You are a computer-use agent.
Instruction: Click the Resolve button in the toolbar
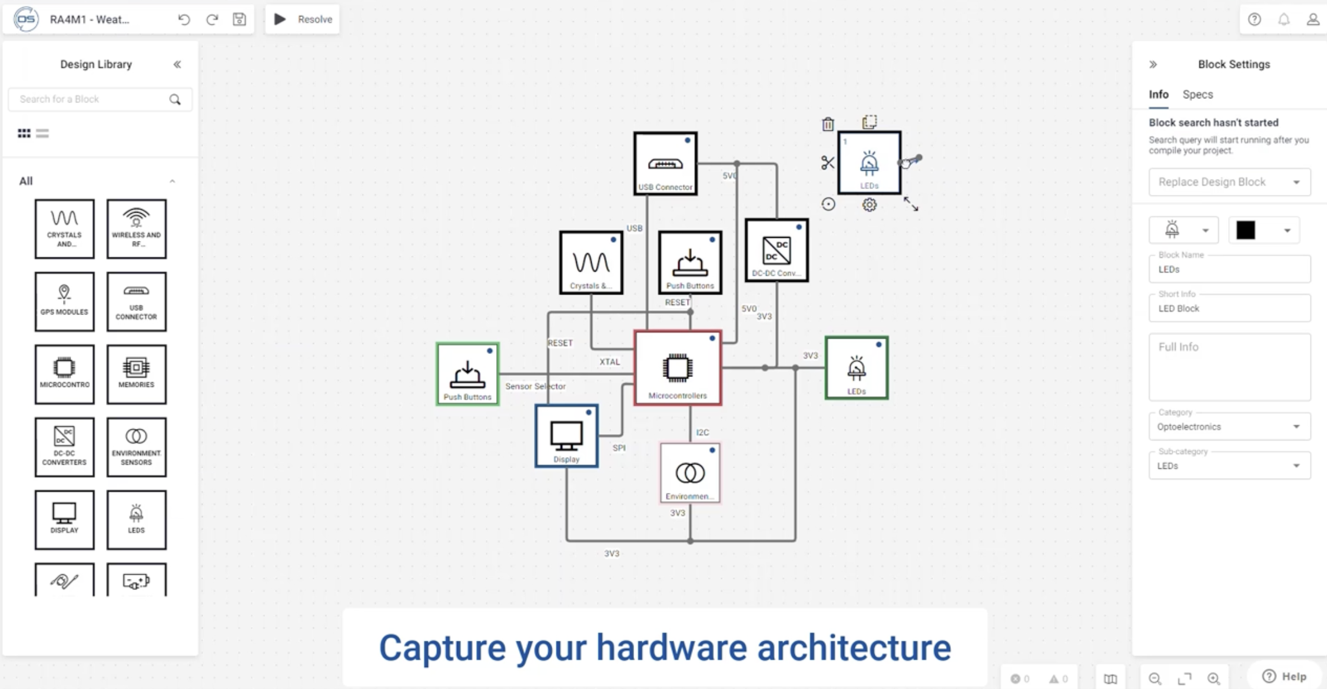point(303,19)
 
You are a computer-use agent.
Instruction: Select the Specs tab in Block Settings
point(1197,94)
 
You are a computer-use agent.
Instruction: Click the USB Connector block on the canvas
point(665,164)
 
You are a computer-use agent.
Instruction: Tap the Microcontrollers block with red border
point(678,368)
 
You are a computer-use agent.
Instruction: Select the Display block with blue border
point(566,436)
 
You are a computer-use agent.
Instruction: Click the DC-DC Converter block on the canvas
point(777,250)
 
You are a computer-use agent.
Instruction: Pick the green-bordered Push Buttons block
point(467,374)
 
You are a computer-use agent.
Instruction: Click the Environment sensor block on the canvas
point(690,473)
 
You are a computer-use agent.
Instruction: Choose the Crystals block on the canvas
point(591,263)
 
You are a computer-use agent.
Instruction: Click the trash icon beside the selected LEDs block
point(828,124)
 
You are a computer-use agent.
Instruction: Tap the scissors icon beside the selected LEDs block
point(828,163)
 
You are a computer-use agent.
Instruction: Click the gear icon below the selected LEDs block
point(869,205)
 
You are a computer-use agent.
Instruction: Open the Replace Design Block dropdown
point(1229,182)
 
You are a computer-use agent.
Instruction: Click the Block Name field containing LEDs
point(1229,270)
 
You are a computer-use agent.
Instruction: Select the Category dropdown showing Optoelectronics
point(1229,427)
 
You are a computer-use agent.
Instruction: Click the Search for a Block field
point(93,99)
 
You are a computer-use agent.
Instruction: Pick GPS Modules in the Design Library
point(64,302)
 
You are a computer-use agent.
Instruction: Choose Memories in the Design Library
point(137,375)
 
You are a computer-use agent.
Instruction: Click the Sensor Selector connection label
point(535,386)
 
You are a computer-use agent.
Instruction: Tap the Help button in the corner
point(1285,676)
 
